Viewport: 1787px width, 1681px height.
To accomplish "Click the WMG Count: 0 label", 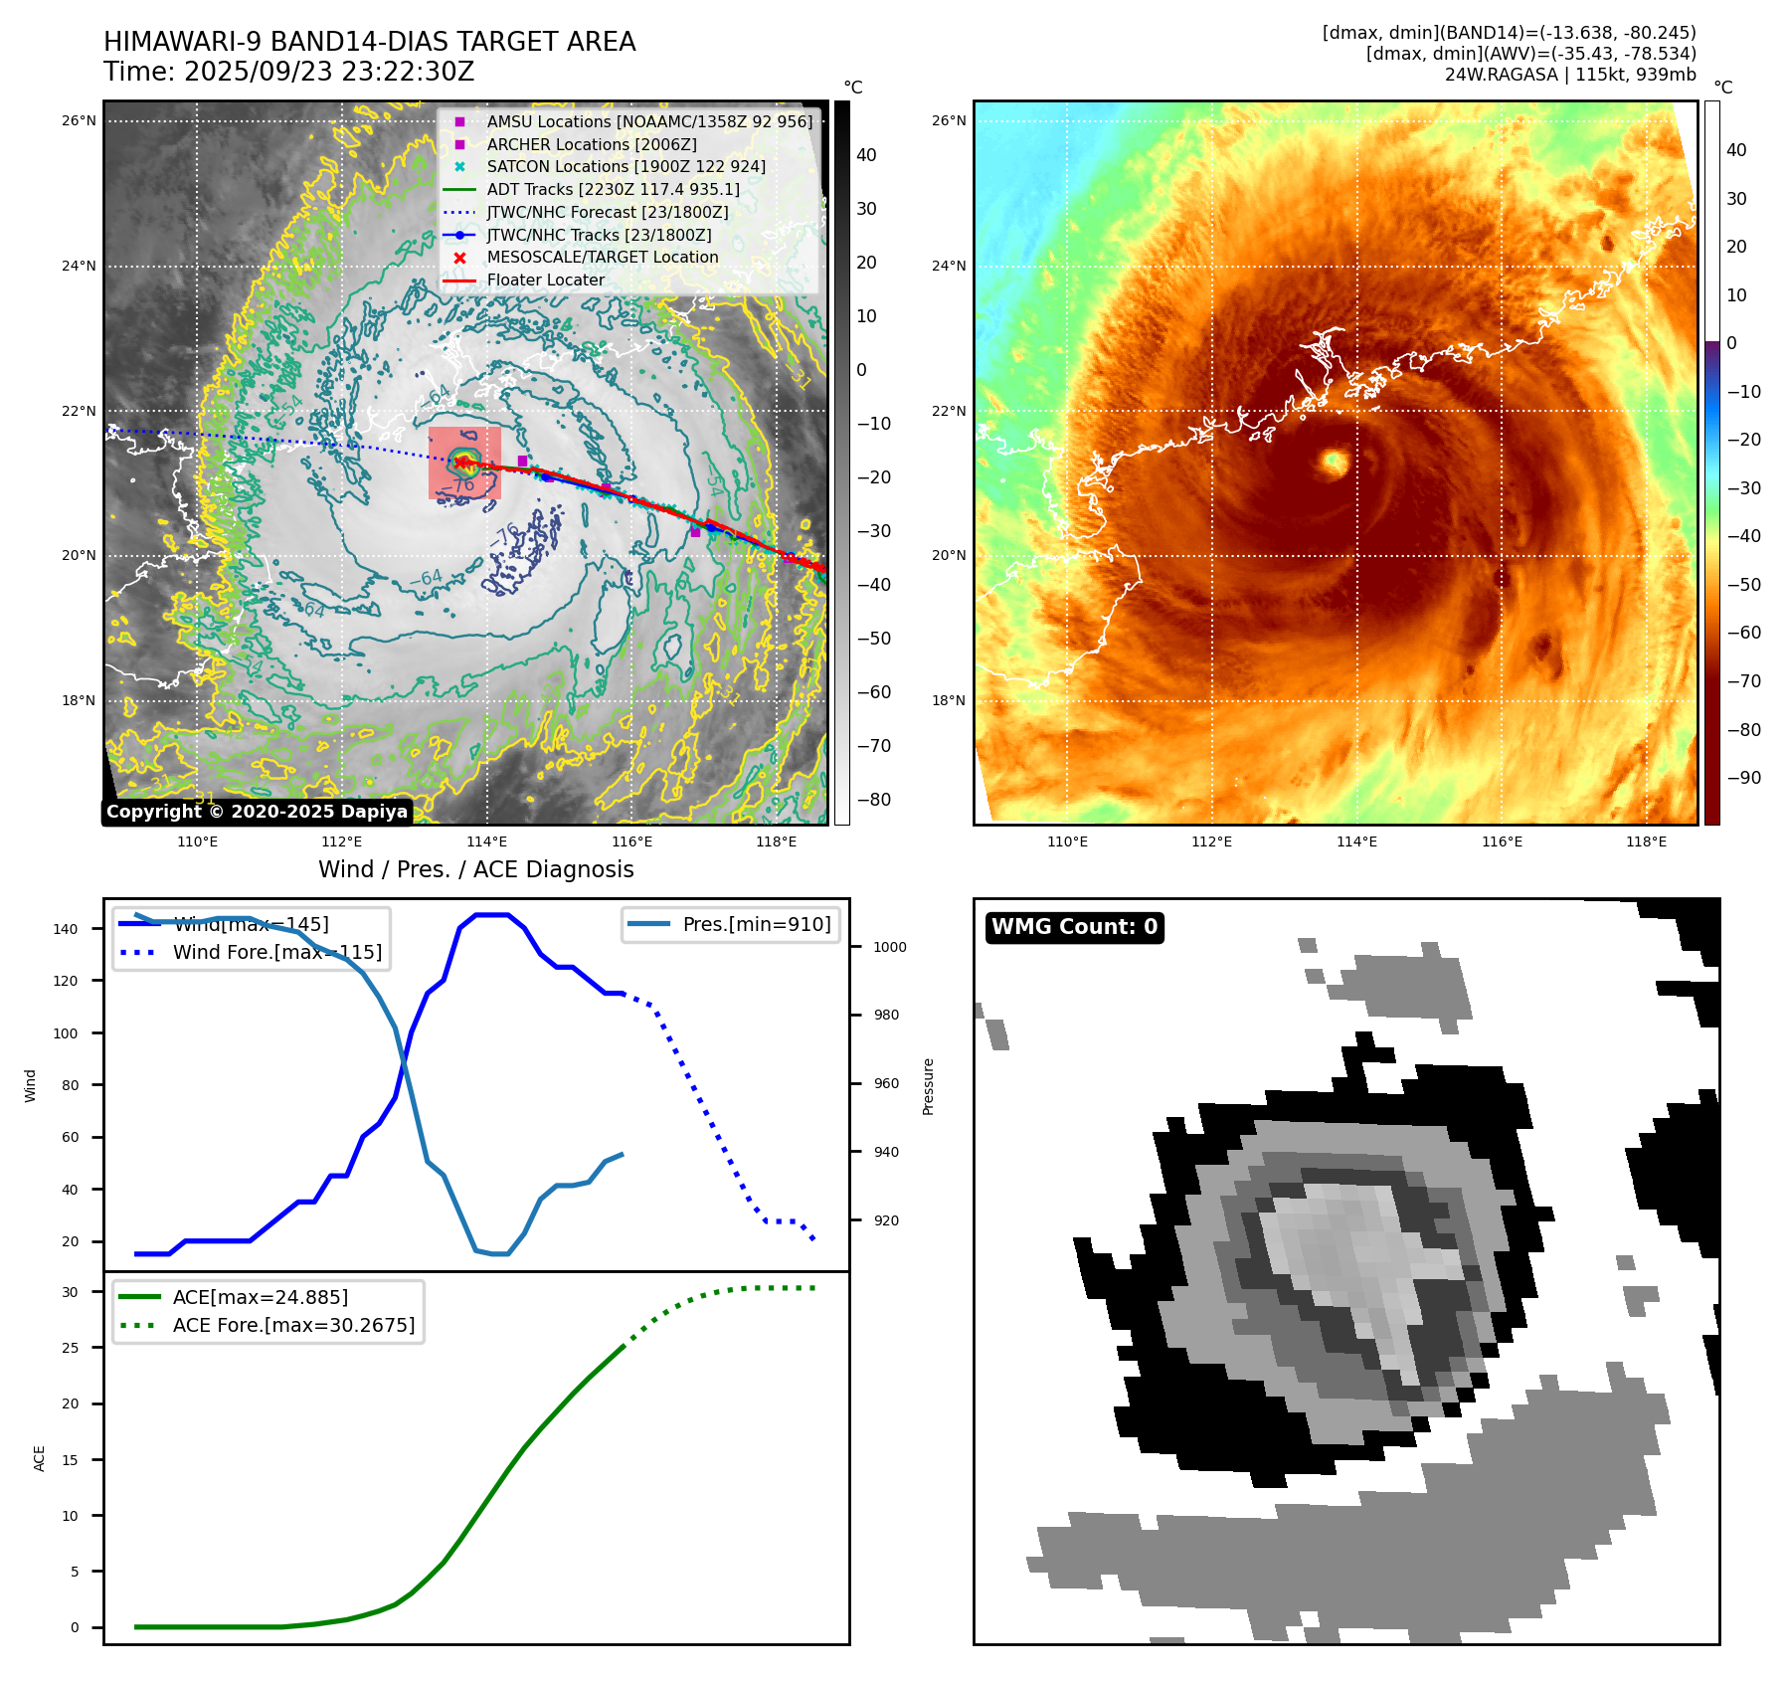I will coord(1074,927).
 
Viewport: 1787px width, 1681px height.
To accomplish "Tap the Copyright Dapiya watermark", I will coord(257,812).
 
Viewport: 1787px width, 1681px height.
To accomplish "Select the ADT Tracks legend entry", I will coord(613,189).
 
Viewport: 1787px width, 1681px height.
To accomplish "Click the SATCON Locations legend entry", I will coord(625,166).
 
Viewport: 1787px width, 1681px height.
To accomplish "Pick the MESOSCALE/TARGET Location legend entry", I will coord(602,257).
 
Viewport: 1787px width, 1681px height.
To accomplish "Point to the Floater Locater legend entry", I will coord(545,280).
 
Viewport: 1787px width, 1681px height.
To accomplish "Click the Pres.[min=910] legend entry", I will coord(756,924).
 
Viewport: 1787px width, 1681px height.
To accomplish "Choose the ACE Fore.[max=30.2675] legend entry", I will coord(293,1325).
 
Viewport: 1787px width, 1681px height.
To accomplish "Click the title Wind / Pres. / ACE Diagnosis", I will coord(475,869).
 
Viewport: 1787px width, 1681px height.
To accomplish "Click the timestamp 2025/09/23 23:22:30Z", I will coord(329,73).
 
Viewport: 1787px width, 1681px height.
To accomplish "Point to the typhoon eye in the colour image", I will coord(1334,461).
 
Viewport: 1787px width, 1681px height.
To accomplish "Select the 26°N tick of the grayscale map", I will coord(79,121).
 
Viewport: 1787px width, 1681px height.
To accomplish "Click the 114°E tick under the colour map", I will coord(1356,841).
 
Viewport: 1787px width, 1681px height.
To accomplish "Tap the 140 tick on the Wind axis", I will coord(66,929).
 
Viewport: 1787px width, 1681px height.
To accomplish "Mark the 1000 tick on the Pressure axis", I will coord(889,947).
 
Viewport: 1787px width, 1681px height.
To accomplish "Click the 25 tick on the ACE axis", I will coord(70,1348).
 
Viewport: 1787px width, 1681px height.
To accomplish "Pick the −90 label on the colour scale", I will coord(1743,778).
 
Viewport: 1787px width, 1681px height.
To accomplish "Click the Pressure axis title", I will coord(928,1086).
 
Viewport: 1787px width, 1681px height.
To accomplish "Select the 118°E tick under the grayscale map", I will coord(776,841).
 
